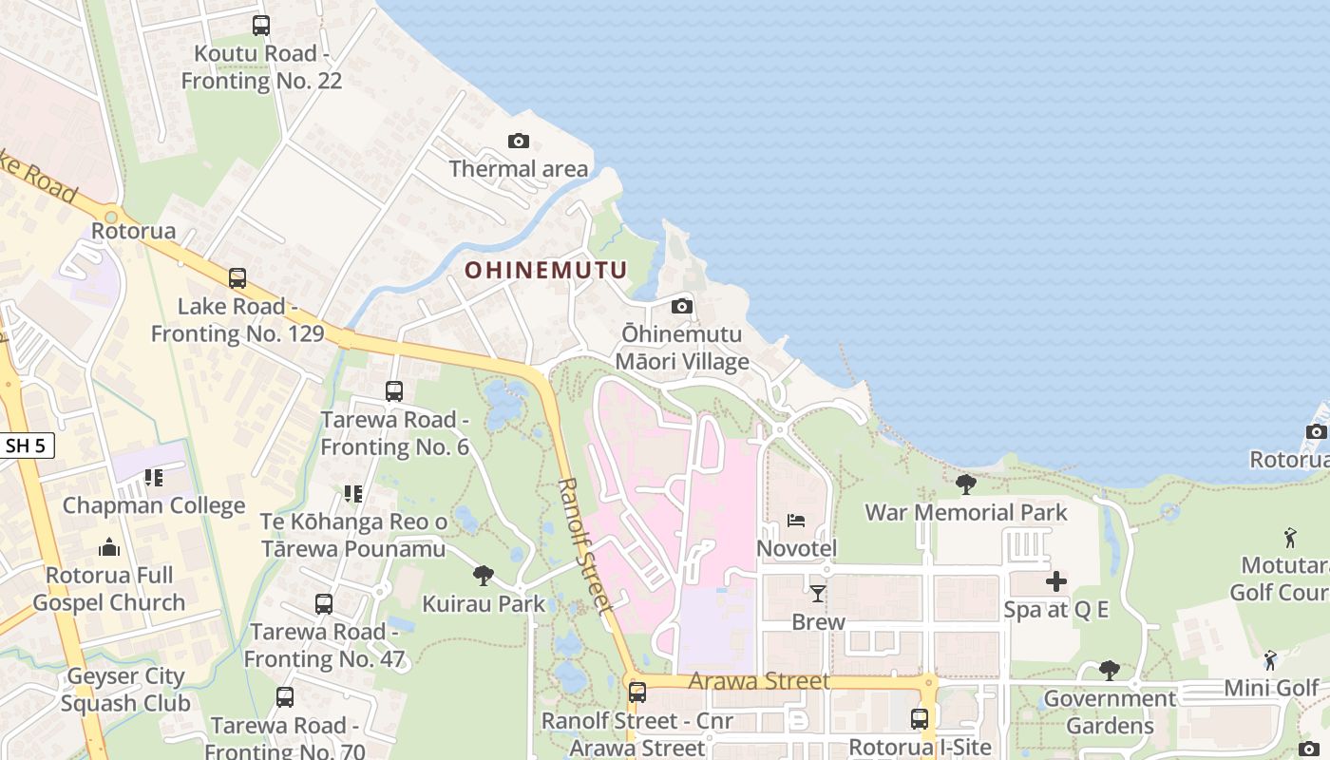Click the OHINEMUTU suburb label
[x=546, y=271]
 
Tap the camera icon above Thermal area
[x=518, y=142]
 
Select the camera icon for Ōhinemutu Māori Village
[x=681, y=306]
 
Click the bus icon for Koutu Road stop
[x=260, y=26]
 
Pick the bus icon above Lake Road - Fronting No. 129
[x=237, y=278]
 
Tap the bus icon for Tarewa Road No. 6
[x=393, y=390]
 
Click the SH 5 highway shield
[x=26, y=446]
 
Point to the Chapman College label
[x=154, y=505]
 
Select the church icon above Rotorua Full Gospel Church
[x=109, y=548]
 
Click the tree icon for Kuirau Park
[x=484, y=575]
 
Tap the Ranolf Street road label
[x=581, y=545]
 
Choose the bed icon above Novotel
[x=796, y=521]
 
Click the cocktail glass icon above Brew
[x=817, y=594]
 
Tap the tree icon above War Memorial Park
[x=965, y=484]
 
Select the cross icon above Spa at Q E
[x=1055, y=581]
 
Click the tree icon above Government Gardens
[x=1109, y=671]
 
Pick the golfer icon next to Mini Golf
[x=1270, y=660]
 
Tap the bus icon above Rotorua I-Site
[x=919, y=719]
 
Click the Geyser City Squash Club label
[x=125, y=691]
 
